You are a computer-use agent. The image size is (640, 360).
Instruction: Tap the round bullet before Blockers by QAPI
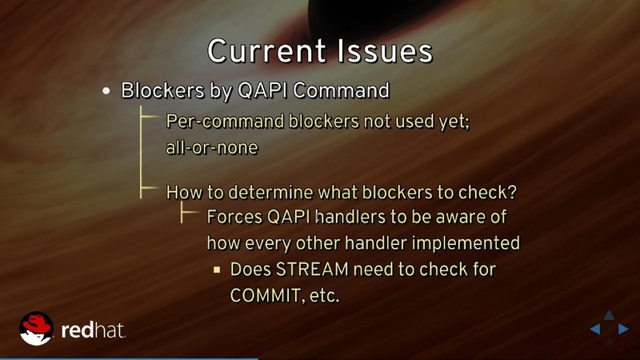point(106,91)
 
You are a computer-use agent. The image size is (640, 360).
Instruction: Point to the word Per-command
point(215,122)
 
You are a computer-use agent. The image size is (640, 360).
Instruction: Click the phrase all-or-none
point(212,147)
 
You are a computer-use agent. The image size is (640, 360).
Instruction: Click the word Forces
point(234,217)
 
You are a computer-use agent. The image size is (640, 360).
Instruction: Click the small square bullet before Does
point(216,270)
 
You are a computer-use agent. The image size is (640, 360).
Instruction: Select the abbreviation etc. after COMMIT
point(322,295)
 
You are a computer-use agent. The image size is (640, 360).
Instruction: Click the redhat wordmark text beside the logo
point(93,330)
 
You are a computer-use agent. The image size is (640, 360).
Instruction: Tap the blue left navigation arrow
point(595,329)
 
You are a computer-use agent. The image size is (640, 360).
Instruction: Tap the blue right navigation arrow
point(622,329)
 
